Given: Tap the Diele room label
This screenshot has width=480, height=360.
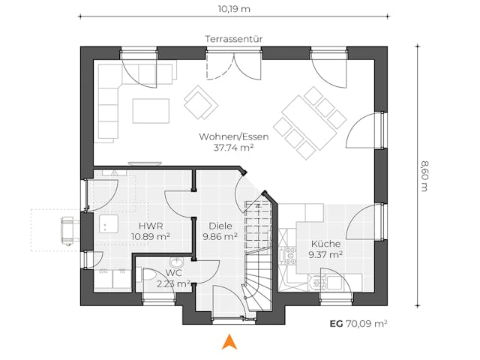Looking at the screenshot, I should coord(220,225).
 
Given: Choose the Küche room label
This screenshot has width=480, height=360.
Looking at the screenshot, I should coord(325,244).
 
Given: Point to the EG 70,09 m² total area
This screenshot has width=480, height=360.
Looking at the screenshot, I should coord(358,323).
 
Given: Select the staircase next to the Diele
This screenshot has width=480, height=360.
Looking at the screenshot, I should coord(259,251).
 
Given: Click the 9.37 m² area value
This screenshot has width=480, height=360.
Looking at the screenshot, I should coord(325,254).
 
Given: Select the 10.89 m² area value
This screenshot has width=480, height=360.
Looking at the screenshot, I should coord(150,235).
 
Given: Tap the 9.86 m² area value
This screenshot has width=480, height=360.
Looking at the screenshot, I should coord(220,235).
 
